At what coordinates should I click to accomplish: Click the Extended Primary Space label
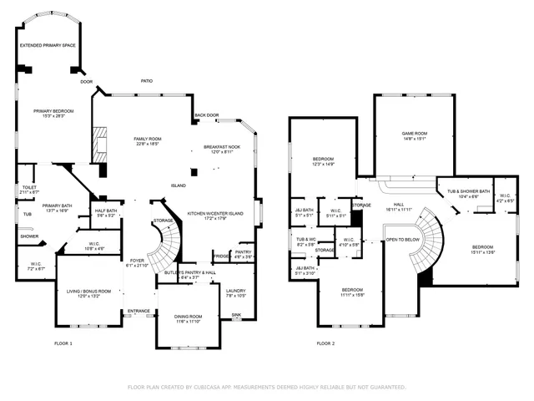pyautogui.click(x=48, y=45)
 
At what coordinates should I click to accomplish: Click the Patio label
pyautogui.click(x=147, y=81)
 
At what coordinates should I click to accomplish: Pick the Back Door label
pyautogui.click(x=206, y=115)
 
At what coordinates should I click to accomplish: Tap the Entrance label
pyautogui.click(x=138, y=312)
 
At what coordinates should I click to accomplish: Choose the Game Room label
pyautogui.click(x=415, y=135)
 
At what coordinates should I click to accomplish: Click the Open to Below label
pyautogui.click(x=402, y=240)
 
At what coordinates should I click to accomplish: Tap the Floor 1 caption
pyautogui.click(x=63, y=343)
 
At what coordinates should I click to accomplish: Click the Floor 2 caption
pyautogui.click(x=325, y=343)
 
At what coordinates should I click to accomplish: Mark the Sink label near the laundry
pyautogui.click(x=237, y=316)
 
